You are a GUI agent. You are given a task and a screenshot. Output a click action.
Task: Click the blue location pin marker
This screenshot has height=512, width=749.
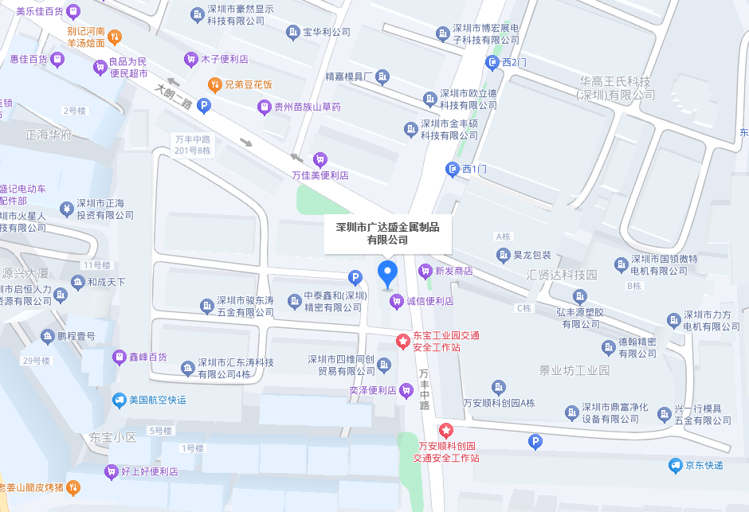click(387, 273)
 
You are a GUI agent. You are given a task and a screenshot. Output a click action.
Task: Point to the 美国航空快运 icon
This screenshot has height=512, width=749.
click(119, 400)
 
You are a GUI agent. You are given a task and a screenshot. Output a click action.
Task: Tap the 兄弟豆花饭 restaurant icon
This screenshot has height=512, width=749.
click(214, 84)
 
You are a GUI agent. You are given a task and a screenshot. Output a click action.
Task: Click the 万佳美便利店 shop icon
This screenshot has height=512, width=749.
click(320, 159)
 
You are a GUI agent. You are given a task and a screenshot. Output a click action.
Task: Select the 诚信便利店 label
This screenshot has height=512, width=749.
click(429, 301)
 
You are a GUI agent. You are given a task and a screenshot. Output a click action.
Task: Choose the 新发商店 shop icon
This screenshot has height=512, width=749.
click(425, 271)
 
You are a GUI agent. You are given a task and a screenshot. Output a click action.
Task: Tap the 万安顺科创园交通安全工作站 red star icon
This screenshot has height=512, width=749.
click(446, 430)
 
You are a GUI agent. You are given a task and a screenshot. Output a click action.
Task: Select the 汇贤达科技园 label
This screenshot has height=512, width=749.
click(562, 274)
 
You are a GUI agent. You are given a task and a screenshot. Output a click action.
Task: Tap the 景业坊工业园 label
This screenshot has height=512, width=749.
click(574, 370)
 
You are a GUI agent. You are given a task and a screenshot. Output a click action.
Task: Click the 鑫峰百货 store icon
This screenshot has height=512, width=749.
click(119, 357)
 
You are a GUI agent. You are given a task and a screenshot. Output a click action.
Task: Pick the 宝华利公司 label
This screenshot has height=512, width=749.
click(327, 33)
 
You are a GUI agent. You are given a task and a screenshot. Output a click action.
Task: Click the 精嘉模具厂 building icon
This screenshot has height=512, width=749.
click(383, 76)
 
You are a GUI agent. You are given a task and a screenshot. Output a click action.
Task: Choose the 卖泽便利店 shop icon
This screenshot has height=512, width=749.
click(406, 390)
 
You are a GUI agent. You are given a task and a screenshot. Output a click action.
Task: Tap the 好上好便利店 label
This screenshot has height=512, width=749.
click(151, 471)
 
